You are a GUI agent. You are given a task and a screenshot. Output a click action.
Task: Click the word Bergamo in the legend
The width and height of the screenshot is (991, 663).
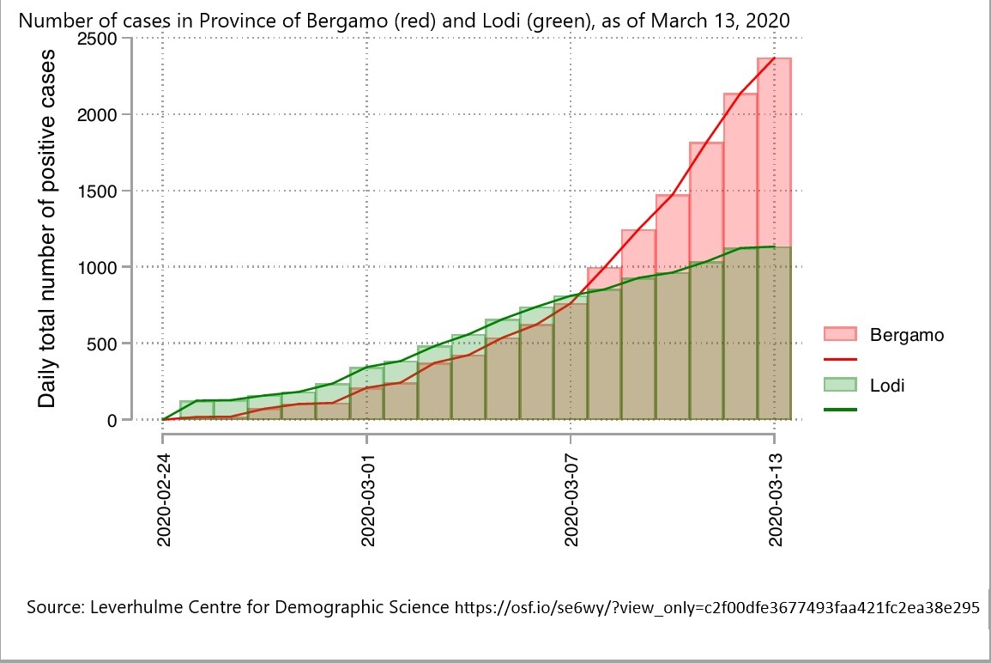[906, 335]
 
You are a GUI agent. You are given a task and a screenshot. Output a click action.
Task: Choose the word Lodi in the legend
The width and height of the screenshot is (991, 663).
[887, 386]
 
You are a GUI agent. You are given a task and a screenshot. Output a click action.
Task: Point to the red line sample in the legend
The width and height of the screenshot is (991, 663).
[840, 359]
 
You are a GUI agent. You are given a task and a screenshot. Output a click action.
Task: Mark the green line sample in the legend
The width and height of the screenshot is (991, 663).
[840, 410]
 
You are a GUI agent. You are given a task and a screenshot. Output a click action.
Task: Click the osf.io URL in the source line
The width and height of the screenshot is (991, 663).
[716, 608]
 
